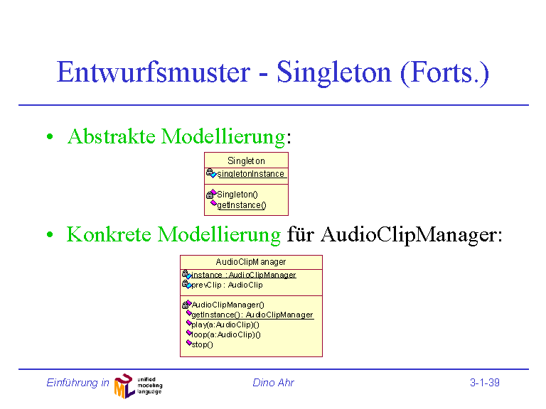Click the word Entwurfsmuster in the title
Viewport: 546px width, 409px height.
154,72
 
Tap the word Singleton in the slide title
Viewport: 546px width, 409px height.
334,73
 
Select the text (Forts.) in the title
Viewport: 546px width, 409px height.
444,73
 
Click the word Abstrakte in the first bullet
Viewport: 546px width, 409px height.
112,136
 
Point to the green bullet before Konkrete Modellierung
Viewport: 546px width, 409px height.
50,235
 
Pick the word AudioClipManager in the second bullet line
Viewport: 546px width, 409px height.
411,235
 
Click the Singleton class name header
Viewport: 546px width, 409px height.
246,160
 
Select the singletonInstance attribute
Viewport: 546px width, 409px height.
250,173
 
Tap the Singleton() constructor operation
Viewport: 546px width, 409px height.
237,194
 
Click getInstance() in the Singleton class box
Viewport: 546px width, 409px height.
241,205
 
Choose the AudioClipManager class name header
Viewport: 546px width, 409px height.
251,261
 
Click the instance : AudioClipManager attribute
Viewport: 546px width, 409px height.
243,275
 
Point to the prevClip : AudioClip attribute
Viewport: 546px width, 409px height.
227,285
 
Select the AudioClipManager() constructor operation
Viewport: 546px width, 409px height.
227,305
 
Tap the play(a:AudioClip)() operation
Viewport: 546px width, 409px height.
225,325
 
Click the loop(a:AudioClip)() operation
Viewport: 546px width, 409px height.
226,334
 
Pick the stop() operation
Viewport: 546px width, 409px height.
202,344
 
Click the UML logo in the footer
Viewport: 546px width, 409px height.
138,386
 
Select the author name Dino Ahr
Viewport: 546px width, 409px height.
273,383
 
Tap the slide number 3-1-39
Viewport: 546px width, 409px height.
485,383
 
